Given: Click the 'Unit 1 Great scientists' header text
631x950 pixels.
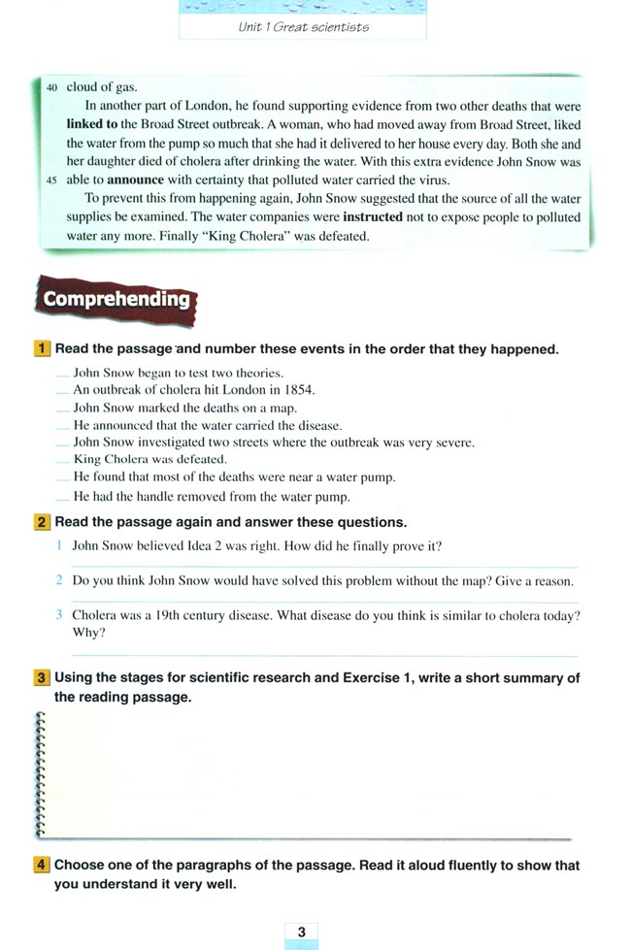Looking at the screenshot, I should pos(303,26).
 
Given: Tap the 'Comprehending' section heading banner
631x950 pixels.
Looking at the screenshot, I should pos(116,299).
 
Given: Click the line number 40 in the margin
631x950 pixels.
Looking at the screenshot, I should pos(51,87).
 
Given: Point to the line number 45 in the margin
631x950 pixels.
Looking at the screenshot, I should pos(51,180).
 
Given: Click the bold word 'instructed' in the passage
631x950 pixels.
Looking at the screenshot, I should pos(373,217).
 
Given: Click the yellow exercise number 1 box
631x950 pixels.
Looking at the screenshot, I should pos(43,349).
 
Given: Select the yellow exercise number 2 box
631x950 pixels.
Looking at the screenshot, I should pos(43,523).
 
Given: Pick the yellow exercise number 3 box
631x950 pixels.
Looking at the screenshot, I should pos(43,678).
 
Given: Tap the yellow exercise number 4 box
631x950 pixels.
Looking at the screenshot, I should pos(43,865).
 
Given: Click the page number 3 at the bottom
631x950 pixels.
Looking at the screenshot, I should pos(302,933).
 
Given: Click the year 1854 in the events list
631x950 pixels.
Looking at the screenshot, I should pos(296,390).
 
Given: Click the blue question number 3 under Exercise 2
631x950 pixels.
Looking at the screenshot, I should pos(59,615).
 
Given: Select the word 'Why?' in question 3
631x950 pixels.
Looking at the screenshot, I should pos(89,633).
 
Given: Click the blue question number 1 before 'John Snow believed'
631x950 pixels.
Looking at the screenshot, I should pos(59,546).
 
